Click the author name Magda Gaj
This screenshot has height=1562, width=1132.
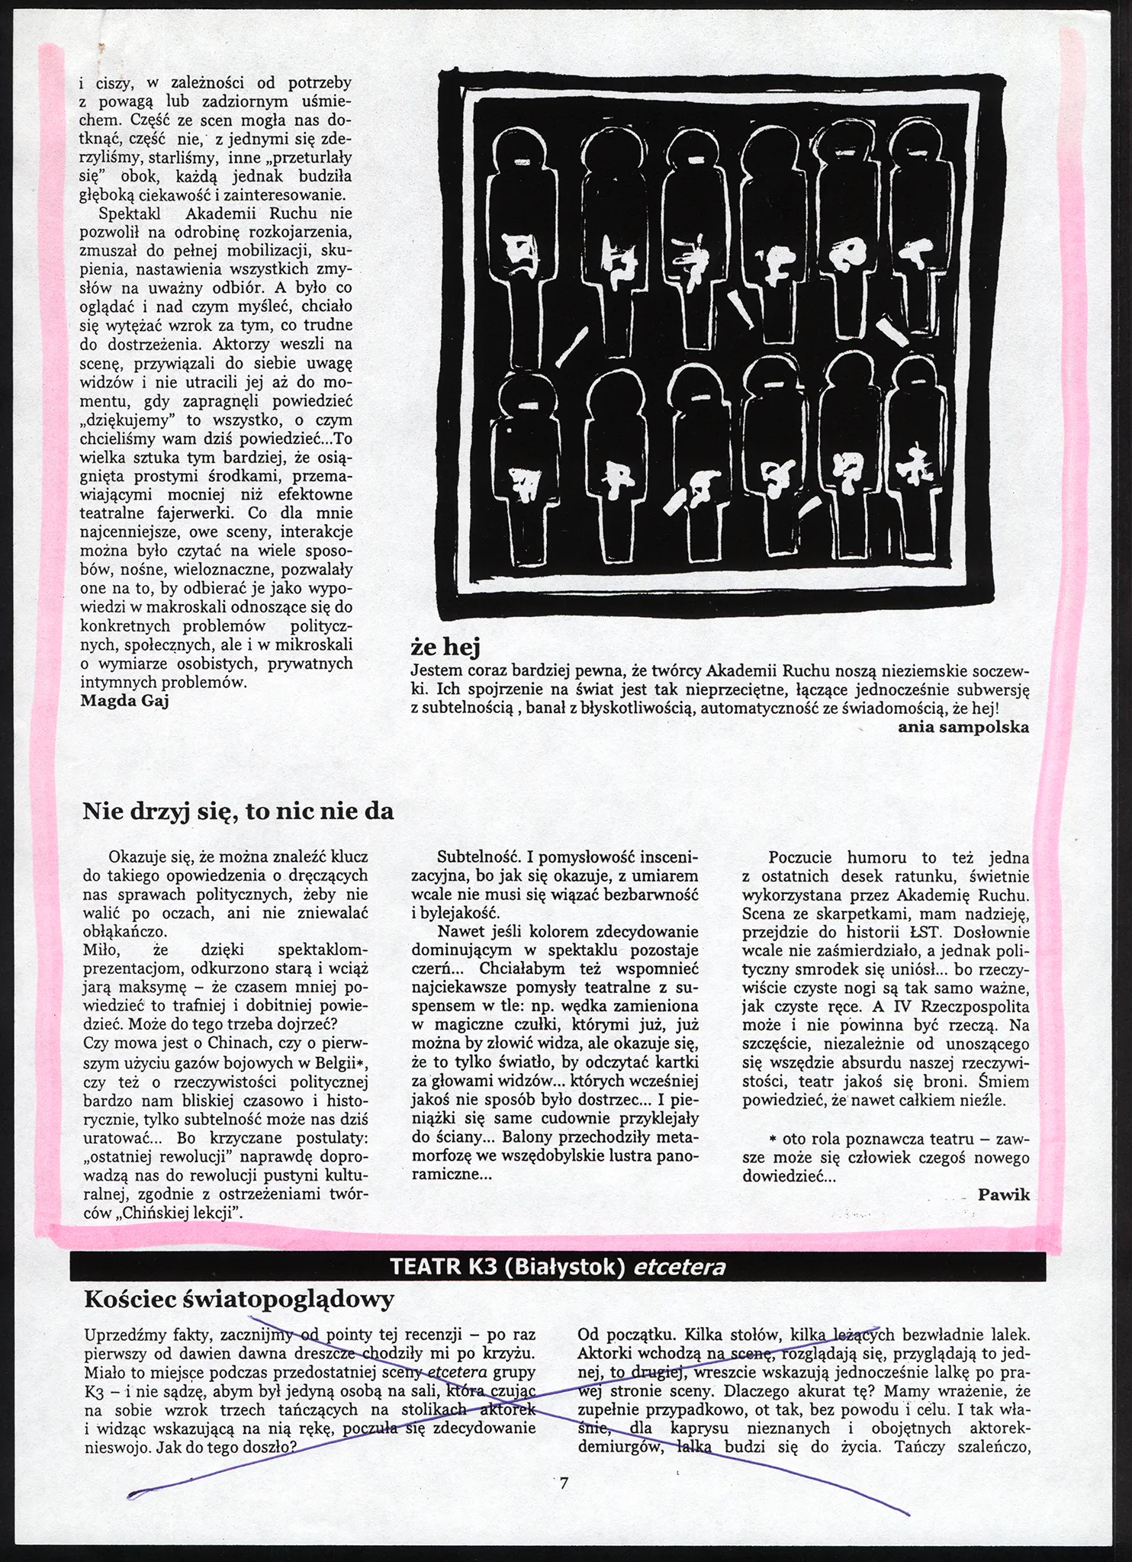tap(124, 701)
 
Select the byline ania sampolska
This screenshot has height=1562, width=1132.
tap(963, 726)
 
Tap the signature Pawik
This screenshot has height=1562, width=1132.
tap(1004, 1194)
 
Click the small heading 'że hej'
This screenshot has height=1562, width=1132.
tap(445, 648)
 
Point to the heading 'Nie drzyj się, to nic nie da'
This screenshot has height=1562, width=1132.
tap(238, 811)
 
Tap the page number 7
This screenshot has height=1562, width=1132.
tap(564, 1483)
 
